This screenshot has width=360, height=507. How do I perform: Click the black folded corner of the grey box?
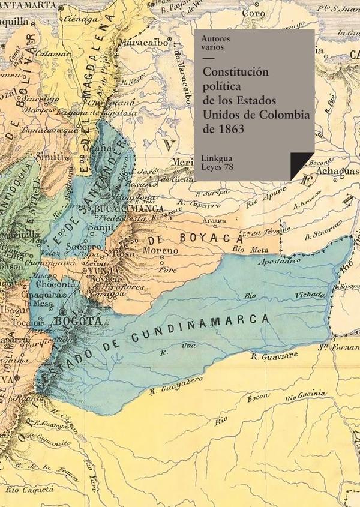pyautogui.click(x=302, y=166)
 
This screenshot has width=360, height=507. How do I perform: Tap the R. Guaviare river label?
pyautogui.click(x=272, y=356)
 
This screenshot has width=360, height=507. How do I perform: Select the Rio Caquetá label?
pyautogui.click(x=23, y=491)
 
